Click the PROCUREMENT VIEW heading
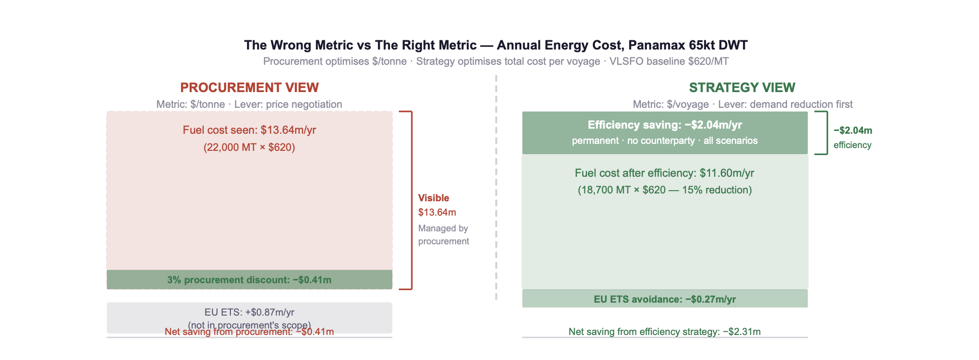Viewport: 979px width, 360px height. (249, 87)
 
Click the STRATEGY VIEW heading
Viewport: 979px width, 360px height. (742, 87)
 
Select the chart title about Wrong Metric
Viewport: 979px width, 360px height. (496, 45)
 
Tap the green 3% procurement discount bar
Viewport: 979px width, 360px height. (249, 280)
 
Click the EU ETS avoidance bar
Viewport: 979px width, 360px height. (665, 299)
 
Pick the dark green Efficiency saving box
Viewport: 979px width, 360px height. (665, 133)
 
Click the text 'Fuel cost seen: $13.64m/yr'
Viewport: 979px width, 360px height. (249, 130)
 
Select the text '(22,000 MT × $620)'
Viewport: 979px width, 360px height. (249, 148)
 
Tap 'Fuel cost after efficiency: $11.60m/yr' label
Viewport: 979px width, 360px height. (664, 173)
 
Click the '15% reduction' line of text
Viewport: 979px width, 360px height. (664, 190)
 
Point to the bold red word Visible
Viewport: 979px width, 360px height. (434, 198)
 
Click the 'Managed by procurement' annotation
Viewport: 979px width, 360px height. (443, 235)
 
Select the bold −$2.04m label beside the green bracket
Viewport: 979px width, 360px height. (853, 130)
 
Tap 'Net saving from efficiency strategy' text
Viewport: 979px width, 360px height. (664, 332)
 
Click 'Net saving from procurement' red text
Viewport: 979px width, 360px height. (249, 332)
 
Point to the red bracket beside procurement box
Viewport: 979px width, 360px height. (411, 200)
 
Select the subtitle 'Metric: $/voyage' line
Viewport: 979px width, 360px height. (742, 105)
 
